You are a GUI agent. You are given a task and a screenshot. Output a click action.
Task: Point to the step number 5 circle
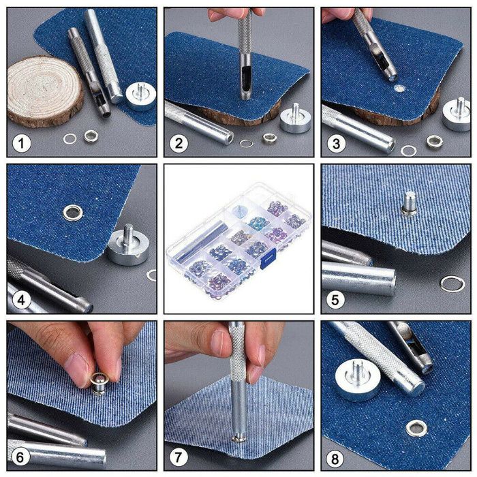pyautogui.click(x=337, y=300)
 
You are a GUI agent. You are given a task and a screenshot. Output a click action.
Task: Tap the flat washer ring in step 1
pyautogui.click(x=70, y=139)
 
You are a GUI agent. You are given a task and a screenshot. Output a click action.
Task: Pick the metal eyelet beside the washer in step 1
pyautogui.click(x=91, y=137)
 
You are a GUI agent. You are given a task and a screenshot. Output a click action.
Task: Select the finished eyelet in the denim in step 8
pyautogui.click(x=413, y=427)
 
